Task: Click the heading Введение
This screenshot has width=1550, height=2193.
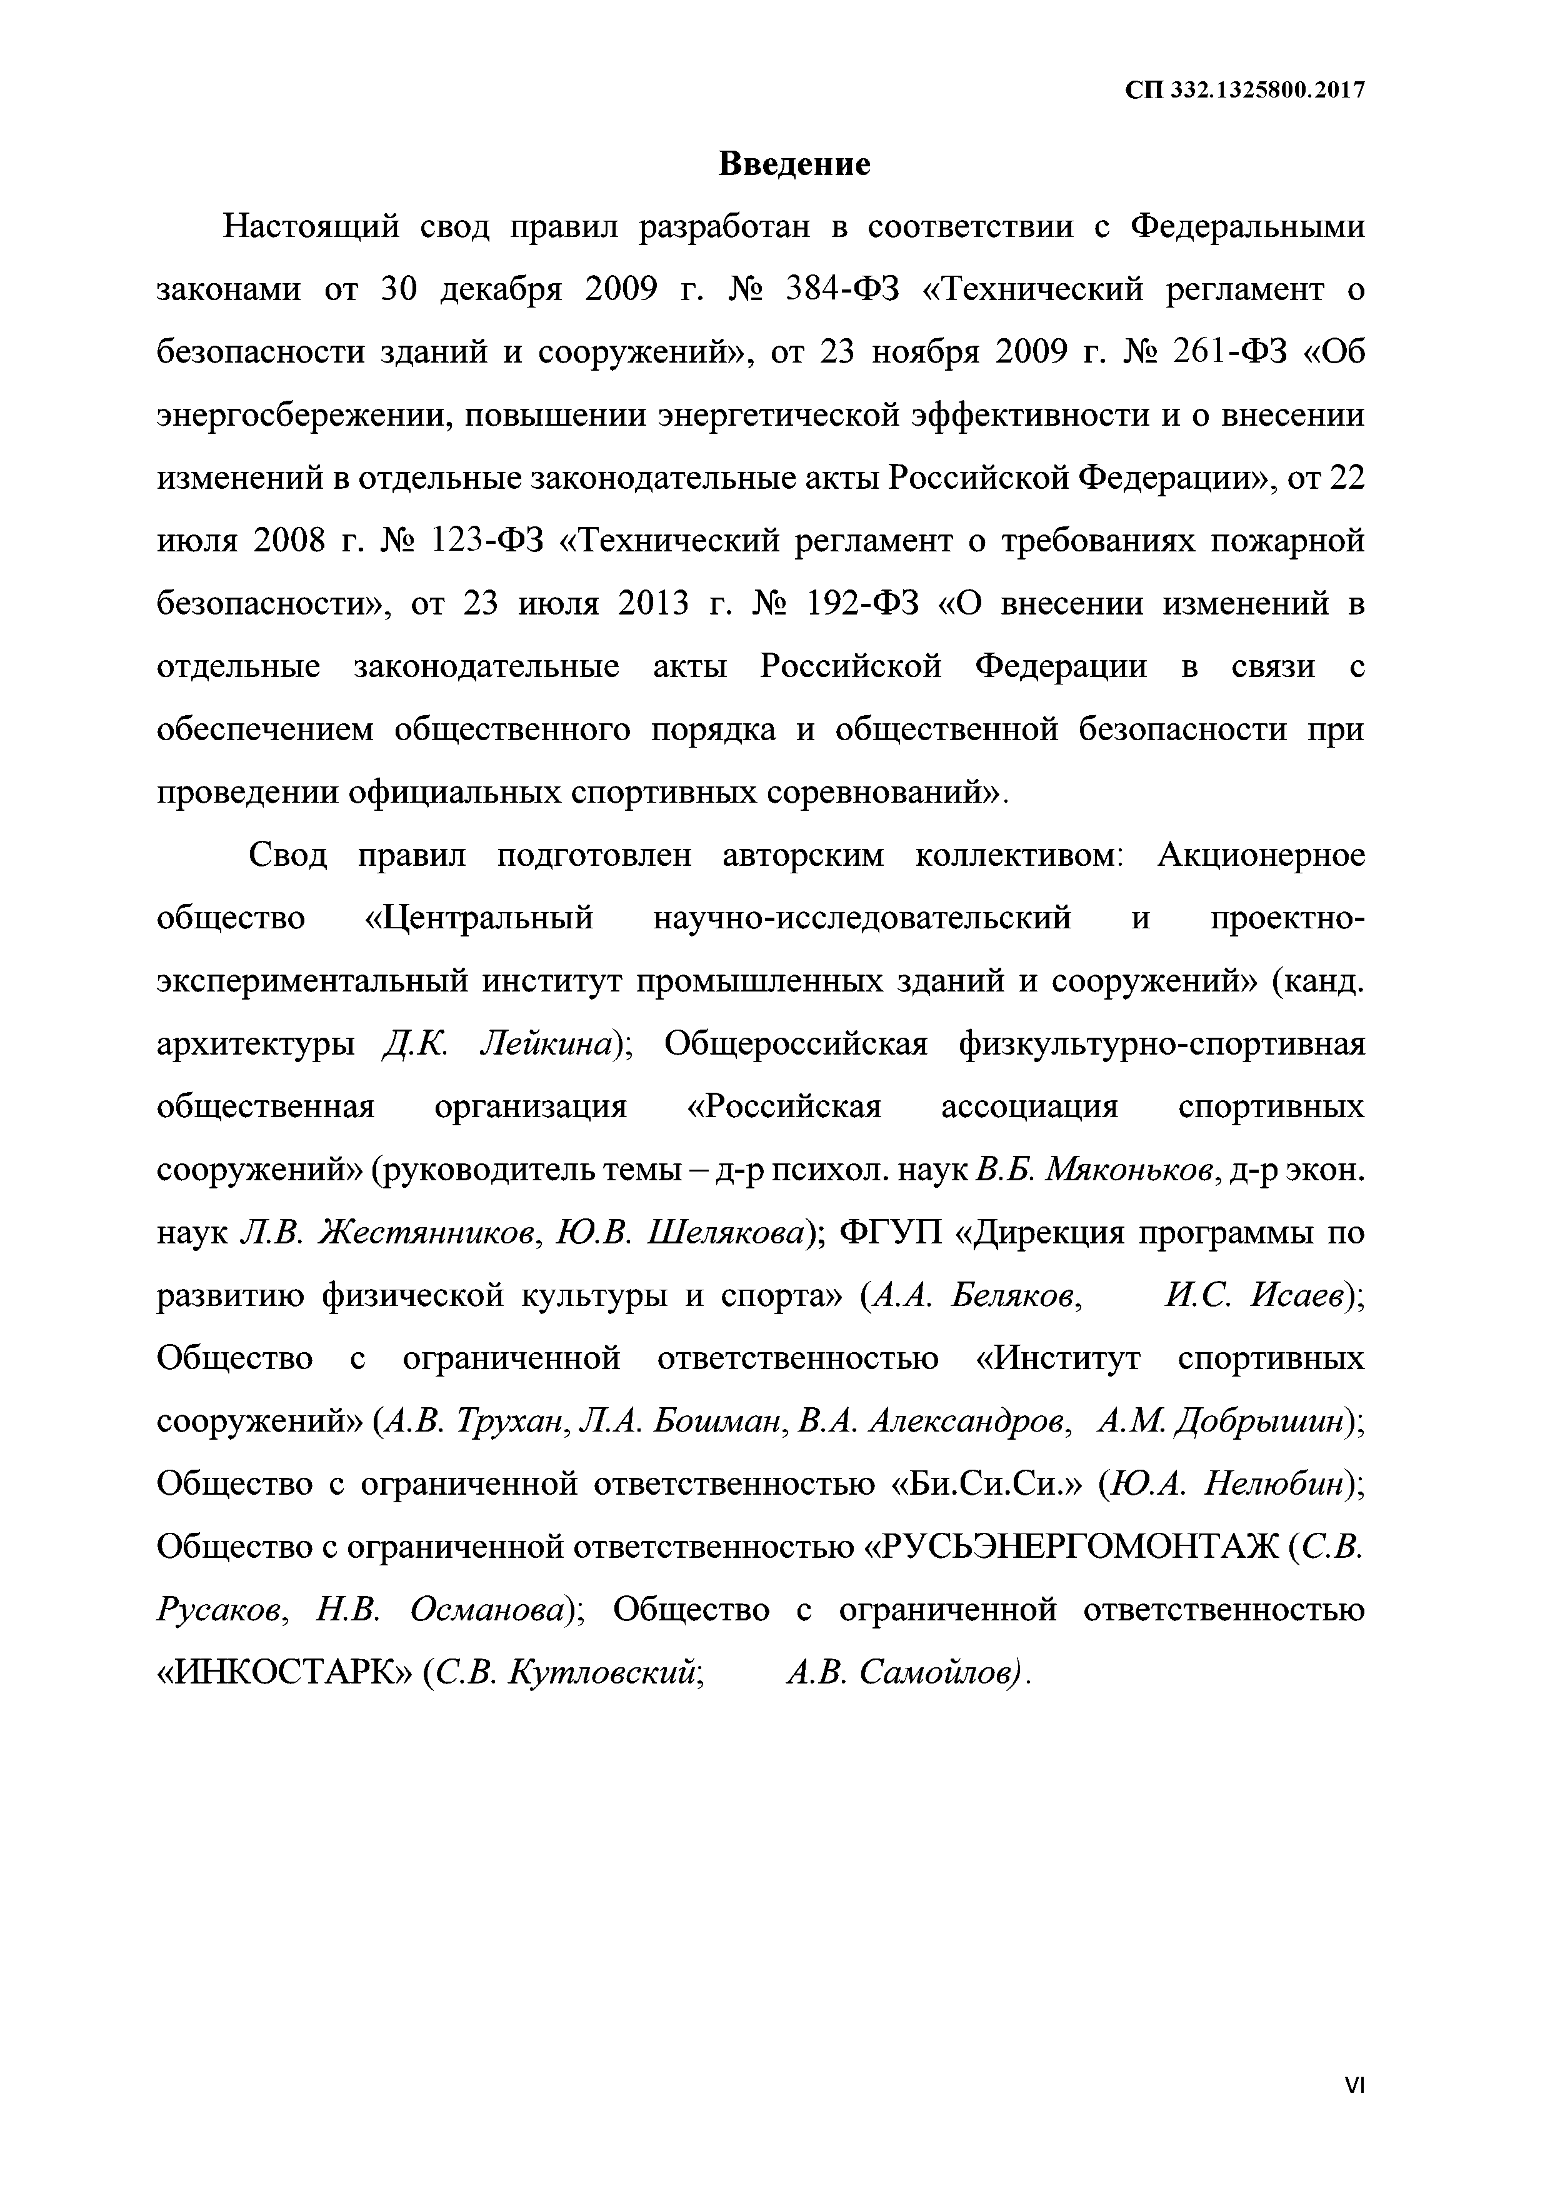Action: [794, 164]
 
